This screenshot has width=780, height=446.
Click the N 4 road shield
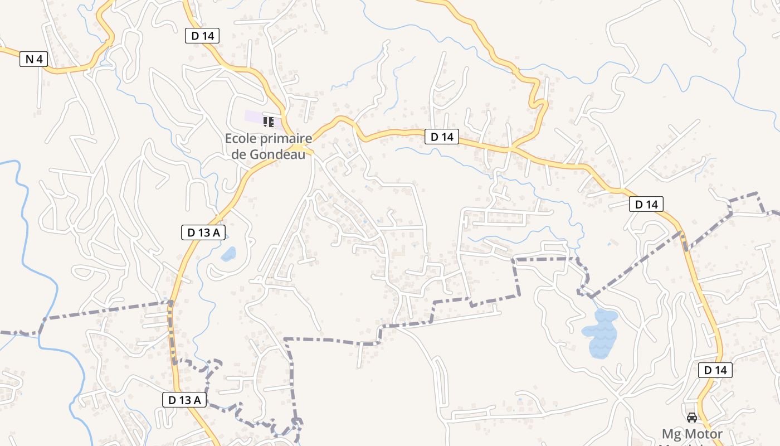pyautogui.click(x=33, y=59)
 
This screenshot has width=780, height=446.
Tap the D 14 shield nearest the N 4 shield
pyautogui.click(x=202, y=36)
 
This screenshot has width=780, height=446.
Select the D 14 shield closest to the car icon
pyautogui.click(x=715, y=370)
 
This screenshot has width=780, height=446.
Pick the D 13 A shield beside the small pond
pyautogui.click(x=203, y=232)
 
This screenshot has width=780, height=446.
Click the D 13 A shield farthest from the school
pyautogui.click(x=185, y=400)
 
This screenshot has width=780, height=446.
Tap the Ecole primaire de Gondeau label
pyautogui.click(x=269, y=146)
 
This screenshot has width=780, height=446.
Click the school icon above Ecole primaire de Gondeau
pyautogui.click(x=269, y=122)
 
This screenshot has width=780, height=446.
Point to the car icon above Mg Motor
pyautogui.click(x=692, y=418)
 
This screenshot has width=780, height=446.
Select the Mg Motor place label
pyautogui.click(x=692, y=434)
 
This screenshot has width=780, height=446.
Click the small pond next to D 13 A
pyautogui.click(x=228, y=255)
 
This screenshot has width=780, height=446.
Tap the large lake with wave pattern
pyautogui.click(x=601, y=333)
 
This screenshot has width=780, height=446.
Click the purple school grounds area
pyautogui.click(x=254, y=118)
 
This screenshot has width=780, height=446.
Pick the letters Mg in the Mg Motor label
pyautogui.click(x=670, y=434)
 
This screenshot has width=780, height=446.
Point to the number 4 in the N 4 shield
pyautogui.click(x=39, y=59)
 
